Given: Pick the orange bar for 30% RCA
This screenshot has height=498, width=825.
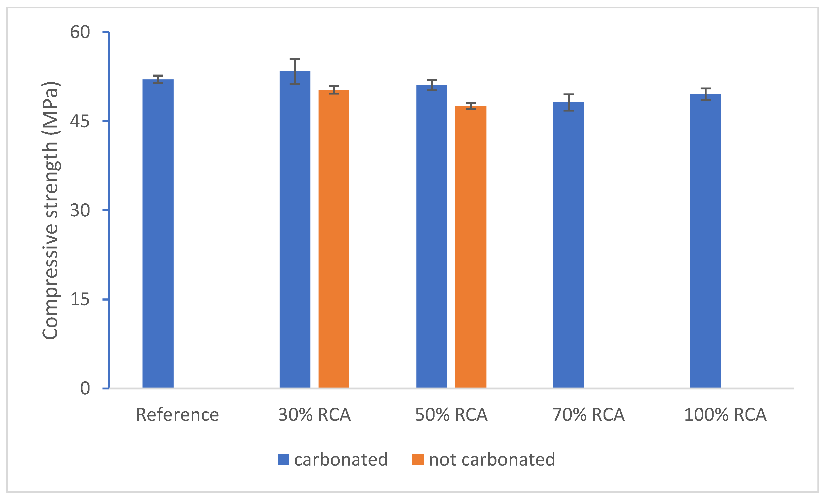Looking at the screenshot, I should tap(334, 239).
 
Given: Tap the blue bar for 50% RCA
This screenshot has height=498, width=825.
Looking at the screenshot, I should tap(432, 236).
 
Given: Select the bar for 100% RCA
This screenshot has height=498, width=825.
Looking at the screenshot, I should tap(705, 241).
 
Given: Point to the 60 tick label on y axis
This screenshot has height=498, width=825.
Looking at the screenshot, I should tap(80, 32).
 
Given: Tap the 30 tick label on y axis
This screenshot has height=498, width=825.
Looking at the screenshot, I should tap(80, 210).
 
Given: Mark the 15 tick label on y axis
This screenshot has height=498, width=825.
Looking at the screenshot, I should tap(80, 299).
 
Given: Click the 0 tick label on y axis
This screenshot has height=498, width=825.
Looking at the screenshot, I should tap(85, 388).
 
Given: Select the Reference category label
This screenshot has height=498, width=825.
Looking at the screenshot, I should tap(177, 415).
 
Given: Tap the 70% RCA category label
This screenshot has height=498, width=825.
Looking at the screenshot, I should tap(588, 415).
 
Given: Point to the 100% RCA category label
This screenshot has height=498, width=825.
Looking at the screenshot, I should tap(725, 415).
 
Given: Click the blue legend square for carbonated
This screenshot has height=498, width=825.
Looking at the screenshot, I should tap(283, 460).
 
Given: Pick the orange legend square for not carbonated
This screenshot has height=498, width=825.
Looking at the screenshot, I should tap(418, 460).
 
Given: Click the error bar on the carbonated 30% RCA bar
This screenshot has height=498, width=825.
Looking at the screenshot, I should tap(295, 71).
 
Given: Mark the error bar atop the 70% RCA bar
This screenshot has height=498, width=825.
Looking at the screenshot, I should tap(569, 102).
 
